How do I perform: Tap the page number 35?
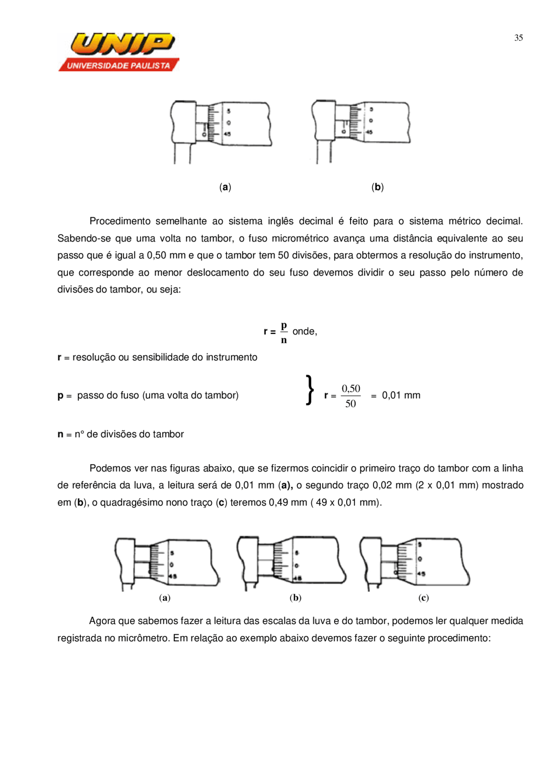518,38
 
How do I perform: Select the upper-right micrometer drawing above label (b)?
361,130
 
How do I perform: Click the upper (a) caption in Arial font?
225,187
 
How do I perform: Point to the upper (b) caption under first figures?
377,187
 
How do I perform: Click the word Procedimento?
120,221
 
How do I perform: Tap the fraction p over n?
284,332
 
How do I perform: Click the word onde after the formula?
304,331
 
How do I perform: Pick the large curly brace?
310,390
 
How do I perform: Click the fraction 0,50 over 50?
350,396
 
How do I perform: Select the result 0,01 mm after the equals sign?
401,395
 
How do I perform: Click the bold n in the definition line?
60,434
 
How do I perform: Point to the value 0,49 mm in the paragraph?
288,502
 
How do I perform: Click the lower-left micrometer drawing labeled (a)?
167,563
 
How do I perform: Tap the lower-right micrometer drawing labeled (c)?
414,563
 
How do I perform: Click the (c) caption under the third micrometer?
423,598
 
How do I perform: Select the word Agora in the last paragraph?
102,621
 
